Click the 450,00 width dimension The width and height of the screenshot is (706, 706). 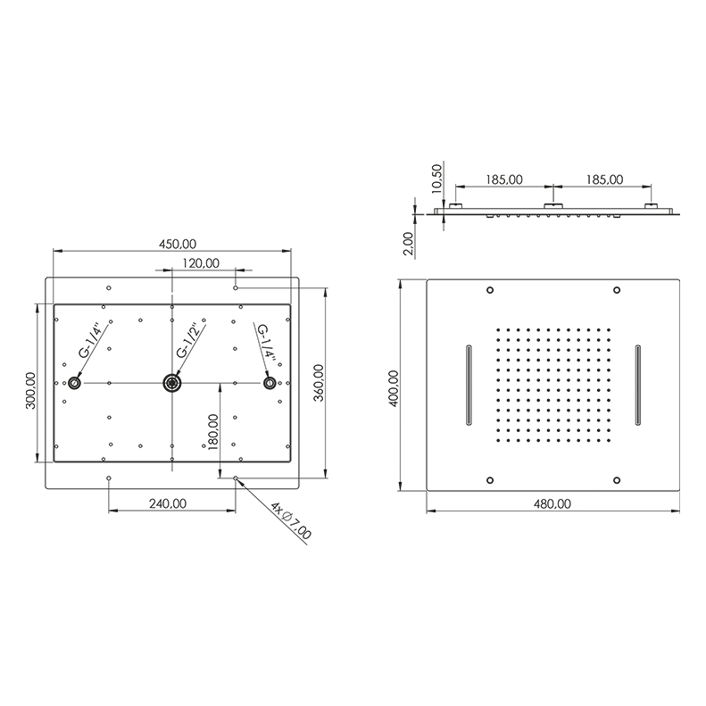pos(178,244)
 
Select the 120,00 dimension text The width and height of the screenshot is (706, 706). pos(201,263)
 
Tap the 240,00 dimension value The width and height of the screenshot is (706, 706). pos(168,503)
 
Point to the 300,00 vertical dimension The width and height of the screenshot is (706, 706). pos(30,390)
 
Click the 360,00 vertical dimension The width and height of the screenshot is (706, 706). pos(319,383)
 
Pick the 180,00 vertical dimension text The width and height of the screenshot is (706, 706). pos(212,432)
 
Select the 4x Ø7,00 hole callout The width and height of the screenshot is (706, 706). pos(291,521)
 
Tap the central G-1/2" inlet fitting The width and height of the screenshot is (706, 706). pos(172,383)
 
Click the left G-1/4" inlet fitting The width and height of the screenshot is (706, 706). pos(74,383)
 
